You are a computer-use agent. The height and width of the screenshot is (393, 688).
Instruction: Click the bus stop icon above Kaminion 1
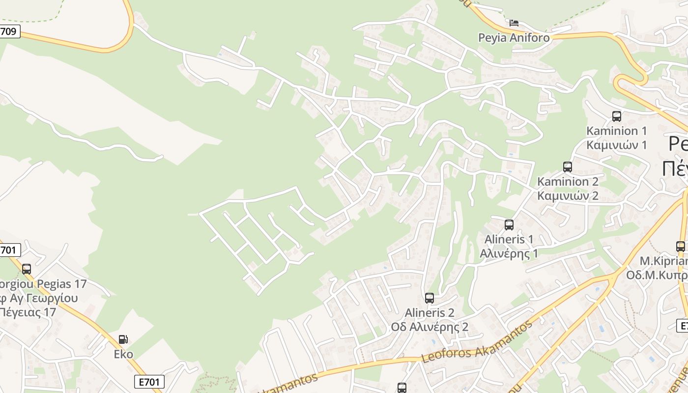coord(617,116)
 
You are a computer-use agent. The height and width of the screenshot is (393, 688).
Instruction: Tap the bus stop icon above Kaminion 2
coord(568,167)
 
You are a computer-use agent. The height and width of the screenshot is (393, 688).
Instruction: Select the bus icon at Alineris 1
coord(509,225)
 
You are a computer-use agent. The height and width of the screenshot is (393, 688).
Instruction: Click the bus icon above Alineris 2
coord(430,298)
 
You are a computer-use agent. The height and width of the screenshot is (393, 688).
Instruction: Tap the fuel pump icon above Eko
coord(123,339)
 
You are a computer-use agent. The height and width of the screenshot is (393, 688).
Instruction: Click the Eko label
coord(123,354)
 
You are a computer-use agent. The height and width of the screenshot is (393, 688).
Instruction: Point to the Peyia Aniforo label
coord(514,38)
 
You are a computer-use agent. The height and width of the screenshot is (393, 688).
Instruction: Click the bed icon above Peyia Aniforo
coord(514,23)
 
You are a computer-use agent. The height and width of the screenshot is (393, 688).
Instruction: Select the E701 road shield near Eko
coord(149,381)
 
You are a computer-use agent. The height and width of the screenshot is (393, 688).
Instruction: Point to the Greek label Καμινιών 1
coord(617,145)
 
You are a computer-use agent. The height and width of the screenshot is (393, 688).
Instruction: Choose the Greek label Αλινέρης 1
coord(509,253)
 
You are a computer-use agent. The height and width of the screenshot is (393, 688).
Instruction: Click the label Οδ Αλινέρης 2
coord(430,327)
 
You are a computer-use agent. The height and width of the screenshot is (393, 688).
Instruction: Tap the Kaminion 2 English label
coord(568,181)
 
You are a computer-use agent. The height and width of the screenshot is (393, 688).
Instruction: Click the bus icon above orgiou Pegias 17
coord(27,269)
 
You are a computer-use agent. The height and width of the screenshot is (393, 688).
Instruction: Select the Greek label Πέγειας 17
coord(28,312)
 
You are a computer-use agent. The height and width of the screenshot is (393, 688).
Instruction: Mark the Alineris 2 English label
coord(430,313)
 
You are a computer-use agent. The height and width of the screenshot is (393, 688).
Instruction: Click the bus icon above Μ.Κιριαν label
coord(681,247)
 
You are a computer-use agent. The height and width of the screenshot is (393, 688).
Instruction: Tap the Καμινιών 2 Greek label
coord(568,196)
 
